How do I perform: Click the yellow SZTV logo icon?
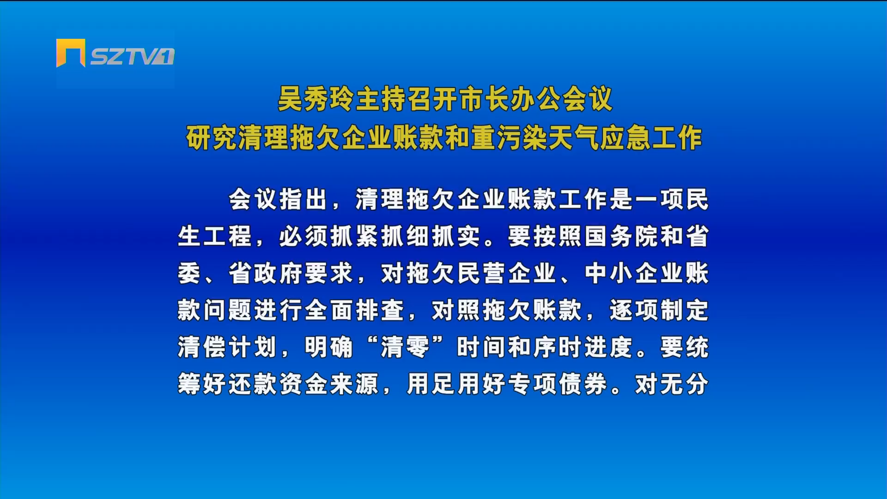click(71, 53)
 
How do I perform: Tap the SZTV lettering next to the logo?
click(132, 56)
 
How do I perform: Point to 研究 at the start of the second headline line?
click(212, 138)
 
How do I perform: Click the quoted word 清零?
click(405, 347)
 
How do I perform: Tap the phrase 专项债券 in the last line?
click(558, 384)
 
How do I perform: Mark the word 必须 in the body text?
click(304, 237)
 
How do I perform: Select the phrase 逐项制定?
click(659, 310)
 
